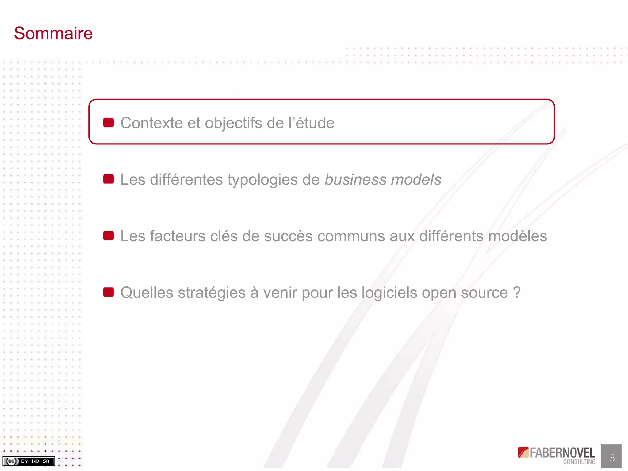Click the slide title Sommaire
click(53, 33)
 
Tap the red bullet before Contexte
click(109, 123)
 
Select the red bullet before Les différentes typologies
click(109, 179)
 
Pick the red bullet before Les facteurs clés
click(109, 236)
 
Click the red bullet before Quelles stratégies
click(109, 292)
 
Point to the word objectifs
click(233, 123)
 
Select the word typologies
click(262, 180)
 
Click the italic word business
click(355, 180)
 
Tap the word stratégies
click(212, 293)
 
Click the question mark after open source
click(516, 293)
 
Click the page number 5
click(612, 458)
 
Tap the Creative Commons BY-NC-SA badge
click(29, 461)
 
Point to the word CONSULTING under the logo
click(579, 462)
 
